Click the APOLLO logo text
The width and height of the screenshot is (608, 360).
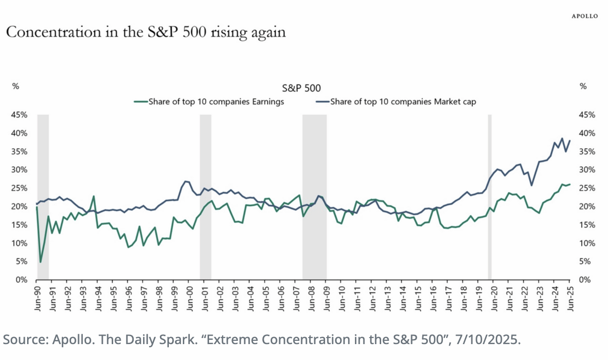coord(585,16)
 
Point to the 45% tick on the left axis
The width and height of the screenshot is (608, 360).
coord(20,115)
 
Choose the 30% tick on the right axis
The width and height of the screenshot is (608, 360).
coord(587,170)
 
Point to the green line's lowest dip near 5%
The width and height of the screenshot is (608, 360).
coord(41,262)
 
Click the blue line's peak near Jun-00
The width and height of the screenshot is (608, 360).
coord(186,181)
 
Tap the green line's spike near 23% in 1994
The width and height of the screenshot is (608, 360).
coord(94,196)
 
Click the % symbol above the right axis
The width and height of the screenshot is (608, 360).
coord(583,86)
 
